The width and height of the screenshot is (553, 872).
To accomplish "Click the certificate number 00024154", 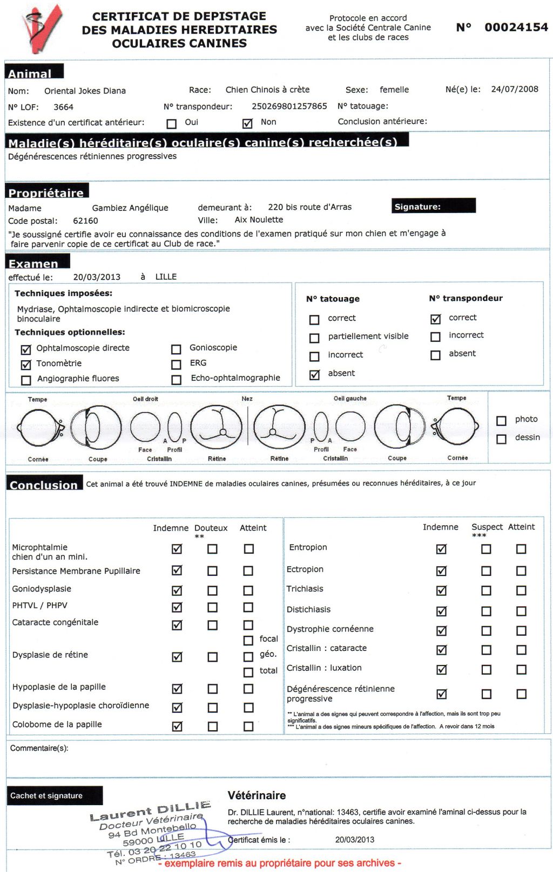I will pos(516,28).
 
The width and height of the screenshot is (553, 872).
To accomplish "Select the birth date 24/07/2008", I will pos(514,90).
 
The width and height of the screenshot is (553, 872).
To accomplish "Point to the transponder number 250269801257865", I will pos(289,106).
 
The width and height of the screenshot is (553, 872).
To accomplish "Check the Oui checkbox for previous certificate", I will pos(172,123).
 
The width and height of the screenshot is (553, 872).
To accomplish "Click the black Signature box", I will pos(434,206).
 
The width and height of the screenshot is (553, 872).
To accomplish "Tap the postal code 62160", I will pos(85,221).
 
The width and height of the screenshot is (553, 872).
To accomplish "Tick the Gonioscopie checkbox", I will pos(176,349).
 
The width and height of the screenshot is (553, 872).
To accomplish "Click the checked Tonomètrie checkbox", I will pos(26,365).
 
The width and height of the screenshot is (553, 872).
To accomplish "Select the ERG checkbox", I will pos(176,365).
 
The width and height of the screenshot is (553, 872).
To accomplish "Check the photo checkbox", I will pos(501,421).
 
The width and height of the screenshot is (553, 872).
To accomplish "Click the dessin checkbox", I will pos(501,439).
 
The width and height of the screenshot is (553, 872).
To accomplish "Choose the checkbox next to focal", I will pos(248,640).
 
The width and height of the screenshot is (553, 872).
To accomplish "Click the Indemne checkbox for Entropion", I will pos(441,549).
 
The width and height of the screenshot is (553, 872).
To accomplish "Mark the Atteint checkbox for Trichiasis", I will pos(521,591).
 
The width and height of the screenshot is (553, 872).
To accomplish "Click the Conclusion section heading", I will pos(44,485).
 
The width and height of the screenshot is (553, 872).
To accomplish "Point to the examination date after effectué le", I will pos(97,277).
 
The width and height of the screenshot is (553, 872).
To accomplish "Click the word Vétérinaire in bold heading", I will pos(257,795).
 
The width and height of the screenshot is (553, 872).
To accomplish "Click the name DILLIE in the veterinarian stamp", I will pos(184,808).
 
